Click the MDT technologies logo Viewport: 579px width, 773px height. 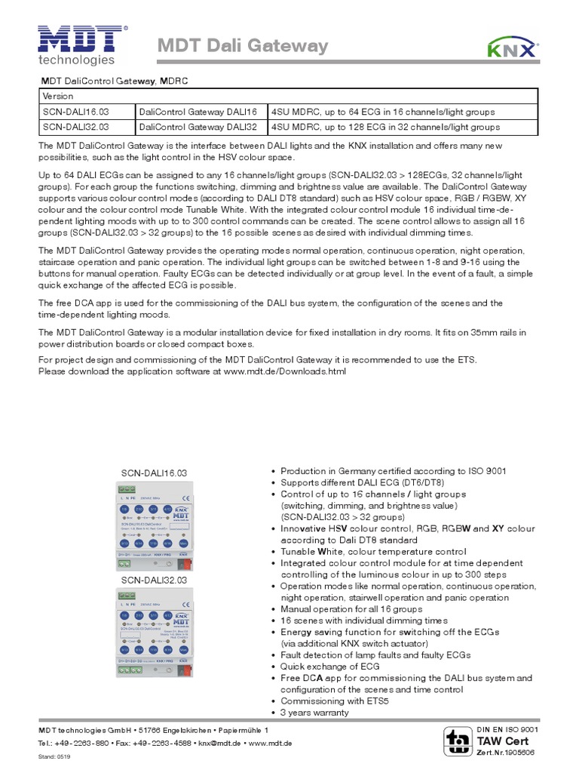78,45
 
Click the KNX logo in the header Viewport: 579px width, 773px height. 513,48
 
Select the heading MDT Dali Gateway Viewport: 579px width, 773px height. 242,47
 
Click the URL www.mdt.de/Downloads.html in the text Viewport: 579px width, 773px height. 284,371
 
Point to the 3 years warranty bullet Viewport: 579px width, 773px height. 314,712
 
